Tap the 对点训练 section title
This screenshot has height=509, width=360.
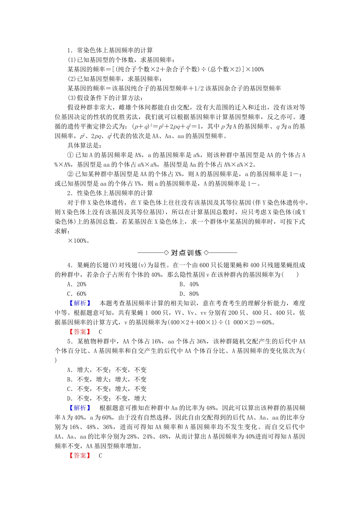186,253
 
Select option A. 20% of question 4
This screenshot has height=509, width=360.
77,284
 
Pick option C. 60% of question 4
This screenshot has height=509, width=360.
77,294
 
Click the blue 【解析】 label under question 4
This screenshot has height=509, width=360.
80,303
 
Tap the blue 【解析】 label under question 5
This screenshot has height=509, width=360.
80,408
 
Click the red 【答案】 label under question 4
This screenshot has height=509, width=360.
80,332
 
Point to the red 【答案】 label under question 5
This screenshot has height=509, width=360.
80,456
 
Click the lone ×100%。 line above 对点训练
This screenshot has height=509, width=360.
78,241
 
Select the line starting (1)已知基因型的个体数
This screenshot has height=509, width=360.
121,60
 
